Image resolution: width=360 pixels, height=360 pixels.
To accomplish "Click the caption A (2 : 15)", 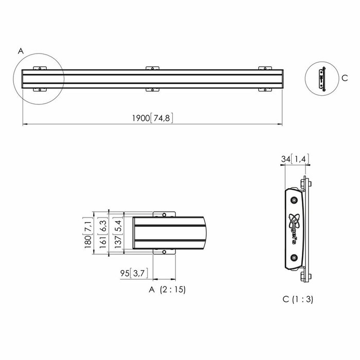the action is (x=167, y=290).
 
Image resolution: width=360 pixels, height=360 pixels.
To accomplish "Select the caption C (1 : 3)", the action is (x=298, y=299).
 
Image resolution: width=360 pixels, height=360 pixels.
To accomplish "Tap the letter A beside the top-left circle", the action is (x=21, y=51).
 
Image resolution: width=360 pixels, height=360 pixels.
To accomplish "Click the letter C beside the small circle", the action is (x=345, y=78).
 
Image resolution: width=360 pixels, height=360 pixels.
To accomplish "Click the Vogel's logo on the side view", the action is (x=294, y=228).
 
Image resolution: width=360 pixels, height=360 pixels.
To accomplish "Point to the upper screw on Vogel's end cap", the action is (x=294, y=200).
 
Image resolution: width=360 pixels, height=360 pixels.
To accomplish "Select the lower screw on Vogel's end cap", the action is (x=294, y=258).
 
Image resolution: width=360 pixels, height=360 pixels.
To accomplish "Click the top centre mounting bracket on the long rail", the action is (x=152, y=68).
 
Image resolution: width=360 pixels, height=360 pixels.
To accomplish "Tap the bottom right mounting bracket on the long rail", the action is (x=265, y=89).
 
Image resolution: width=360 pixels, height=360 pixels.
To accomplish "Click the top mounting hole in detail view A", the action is (x=164, y=215).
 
